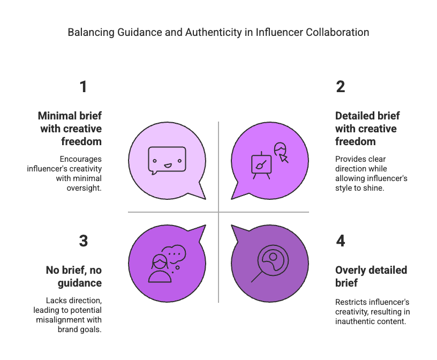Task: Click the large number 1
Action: point(84,87)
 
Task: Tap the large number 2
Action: point(340,87)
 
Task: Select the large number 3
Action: point(84,241)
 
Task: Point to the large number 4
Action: point(340,241)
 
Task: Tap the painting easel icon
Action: point(261,166)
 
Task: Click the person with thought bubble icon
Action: point(167,264)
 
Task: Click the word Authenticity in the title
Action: point(214,32)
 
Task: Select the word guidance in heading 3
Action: point(80,283)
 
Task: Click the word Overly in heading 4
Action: point(350,270)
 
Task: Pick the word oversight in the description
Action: point(84,188)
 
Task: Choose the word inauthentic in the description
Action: point(352,321)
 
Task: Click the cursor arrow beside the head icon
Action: point(284,159)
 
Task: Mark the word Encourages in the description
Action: point(80,159)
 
